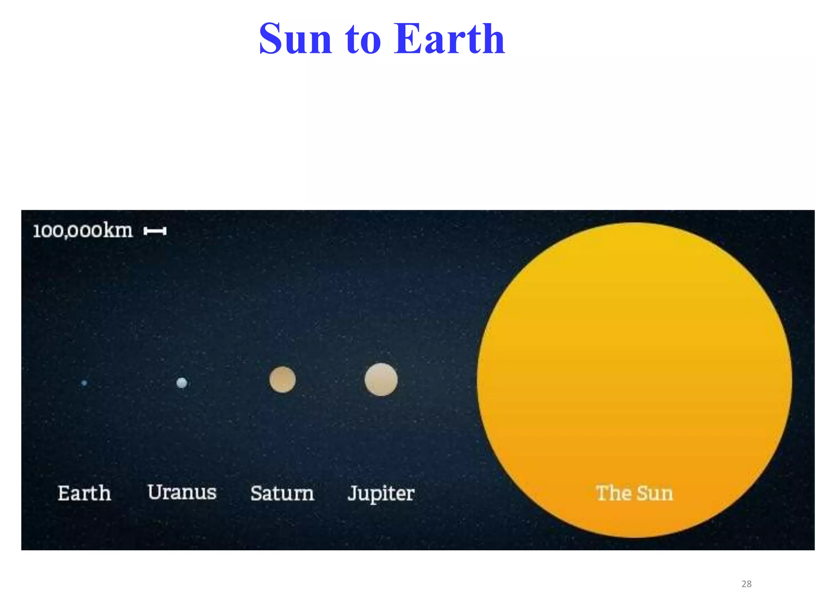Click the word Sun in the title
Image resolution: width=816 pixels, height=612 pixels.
(295, 39)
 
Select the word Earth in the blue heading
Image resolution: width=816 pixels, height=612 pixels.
(449, 39)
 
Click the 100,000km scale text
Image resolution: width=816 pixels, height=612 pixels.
(83, 231)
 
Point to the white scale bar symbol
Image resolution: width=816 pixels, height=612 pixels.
(155, 231)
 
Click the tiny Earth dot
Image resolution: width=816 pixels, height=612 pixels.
(84, 383)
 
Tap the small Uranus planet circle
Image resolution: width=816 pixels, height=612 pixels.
(182, 383)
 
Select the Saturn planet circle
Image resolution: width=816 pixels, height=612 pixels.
(282, 380)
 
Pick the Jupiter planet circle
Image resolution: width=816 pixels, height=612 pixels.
(381, 380)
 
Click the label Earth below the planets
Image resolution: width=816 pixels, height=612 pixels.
(84, 493)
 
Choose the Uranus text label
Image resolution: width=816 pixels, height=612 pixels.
(182, 492)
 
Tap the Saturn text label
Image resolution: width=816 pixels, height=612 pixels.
(282, 493)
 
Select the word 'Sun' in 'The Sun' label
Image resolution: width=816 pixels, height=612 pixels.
(655, 493)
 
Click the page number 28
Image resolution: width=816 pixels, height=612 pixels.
(746, 584)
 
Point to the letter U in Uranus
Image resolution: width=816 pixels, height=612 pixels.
(155, 492)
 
